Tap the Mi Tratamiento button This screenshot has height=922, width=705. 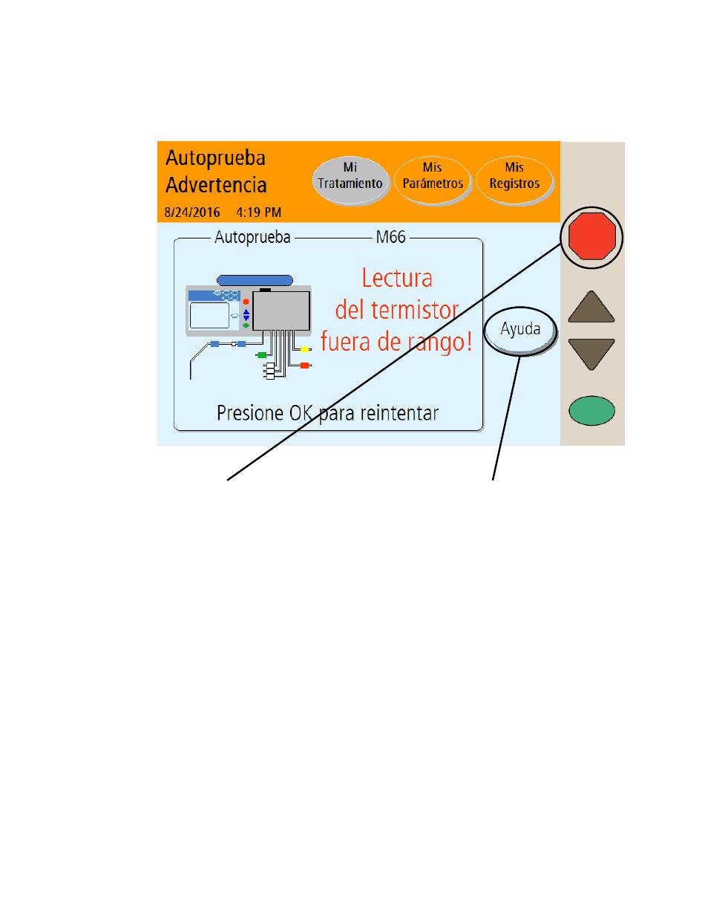(x=350, y=181)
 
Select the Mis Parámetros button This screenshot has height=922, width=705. (x=432, y=181)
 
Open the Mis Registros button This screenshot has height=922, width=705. (x=514, y=181)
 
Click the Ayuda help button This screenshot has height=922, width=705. (x=520, y=331)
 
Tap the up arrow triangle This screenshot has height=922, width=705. (x=591, y=308)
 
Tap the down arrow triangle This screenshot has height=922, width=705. (x=591, y=353)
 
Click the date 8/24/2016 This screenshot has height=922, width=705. (x=192, y=212)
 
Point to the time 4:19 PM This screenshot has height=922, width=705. (x=258, y=212)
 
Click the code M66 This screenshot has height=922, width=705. (x=390, y=237)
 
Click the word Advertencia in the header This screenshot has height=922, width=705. (x=216, y=185)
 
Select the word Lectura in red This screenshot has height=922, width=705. (x=397, y=279)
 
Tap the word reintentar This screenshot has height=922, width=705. (x=399, y=413)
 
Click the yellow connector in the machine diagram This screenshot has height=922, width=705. (x=304, y=349)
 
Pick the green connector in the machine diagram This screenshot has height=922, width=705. (x=262, y=354)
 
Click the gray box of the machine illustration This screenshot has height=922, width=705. (x=281, y=311)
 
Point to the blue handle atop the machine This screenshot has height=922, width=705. (x=255, y=280)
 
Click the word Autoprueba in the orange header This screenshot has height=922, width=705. (x=215, y=158)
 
